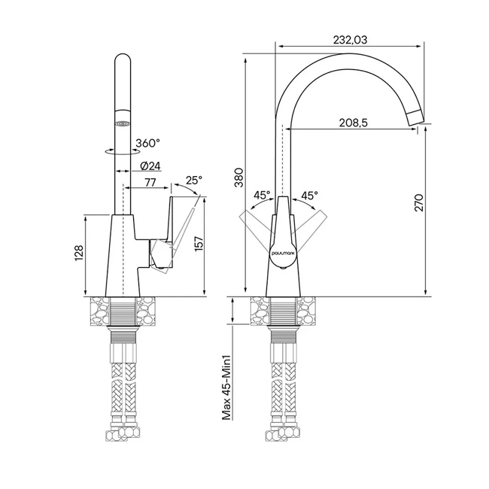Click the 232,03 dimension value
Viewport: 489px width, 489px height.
click(352, 40)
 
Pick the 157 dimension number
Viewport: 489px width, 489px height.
click(199, 244)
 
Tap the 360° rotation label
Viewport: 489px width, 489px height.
click(147, 143)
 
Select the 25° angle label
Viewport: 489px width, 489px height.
click(194, 180)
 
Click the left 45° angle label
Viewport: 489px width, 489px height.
click(262, 196)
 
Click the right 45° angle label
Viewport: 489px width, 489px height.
click(309, 196)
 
